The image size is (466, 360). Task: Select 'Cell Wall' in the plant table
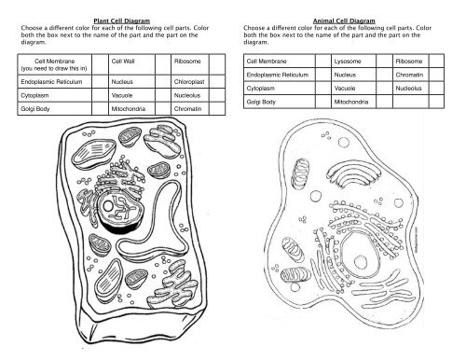coord(124,62)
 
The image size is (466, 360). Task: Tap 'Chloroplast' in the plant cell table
coord(189,81)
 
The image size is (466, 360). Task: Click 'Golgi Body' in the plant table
coord(35,109)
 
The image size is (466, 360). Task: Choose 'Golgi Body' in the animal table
coord(261,101)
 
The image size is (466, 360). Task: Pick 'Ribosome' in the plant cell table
coord(188,62)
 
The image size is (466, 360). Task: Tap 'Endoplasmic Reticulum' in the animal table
coord(278,74)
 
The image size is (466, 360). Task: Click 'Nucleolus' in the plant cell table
coord(188,95)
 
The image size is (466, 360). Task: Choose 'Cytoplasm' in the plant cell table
coord(34,95)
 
